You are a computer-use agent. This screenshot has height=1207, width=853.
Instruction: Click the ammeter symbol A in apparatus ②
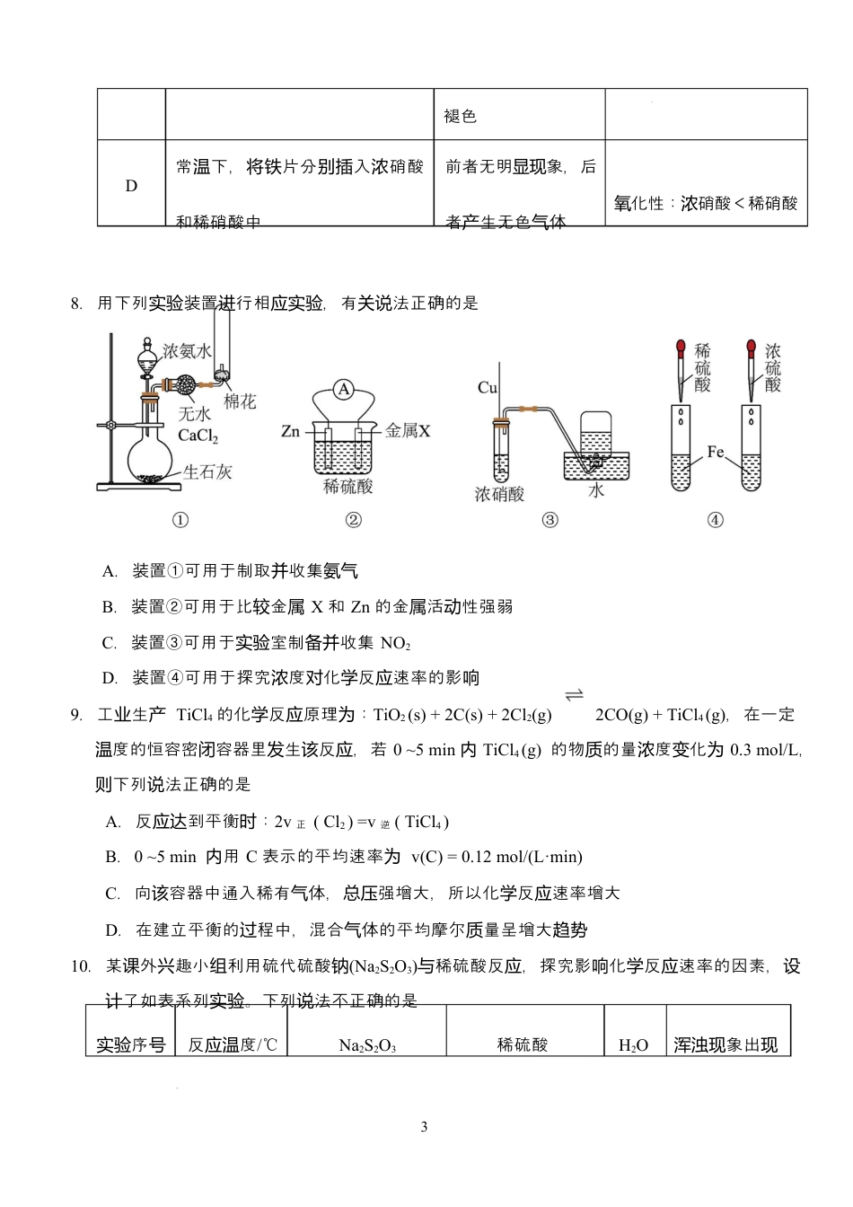(x=344, y=389)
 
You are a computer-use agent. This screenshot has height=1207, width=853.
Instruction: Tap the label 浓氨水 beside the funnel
(x=188, y=351)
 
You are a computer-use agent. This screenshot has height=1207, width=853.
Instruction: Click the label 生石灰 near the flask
(x=207, y=471)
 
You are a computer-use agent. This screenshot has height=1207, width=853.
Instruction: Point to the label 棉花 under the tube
(x=240, y=401)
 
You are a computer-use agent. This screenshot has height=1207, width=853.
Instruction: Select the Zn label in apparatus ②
(x=290, y=431)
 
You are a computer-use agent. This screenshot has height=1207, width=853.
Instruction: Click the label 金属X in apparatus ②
(x=408, y=431)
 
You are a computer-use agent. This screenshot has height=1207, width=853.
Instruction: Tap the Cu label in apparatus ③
(x=488, y=388)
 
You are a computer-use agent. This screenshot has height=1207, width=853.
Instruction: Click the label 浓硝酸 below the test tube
(x=499, y=494)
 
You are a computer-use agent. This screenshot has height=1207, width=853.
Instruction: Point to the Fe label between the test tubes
(x=716, y=452)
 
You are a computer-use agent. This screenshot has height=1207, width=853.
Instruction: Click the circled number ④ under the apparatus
(x=716, y=520)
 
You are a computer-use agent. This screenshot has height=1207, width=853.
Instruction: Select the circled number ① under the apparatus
(x=180, y=520)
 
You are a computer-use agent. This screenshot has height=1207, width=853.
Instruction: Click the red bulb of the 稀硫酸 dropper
(x=682, y=347)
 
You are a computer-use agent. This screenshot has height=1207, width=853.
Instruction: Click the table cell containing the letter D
(x=131, y=186)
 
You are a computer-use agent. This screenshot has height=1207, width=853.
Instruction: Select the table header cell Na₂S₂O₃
(x=367, y=1045)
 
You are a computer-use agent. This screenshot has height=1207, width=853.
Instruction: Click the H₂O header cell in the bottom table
(x=633, y=1045)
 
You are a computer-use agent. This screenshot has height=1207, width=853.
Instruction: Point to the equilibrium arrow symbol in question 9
(x=574, y=695)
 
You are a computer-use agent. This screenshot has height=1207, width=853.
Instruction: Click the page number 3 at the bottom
(x=424, y=1127)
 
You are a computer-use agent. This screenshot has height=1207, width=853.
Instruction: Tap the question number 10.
(x=81, y=966)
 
